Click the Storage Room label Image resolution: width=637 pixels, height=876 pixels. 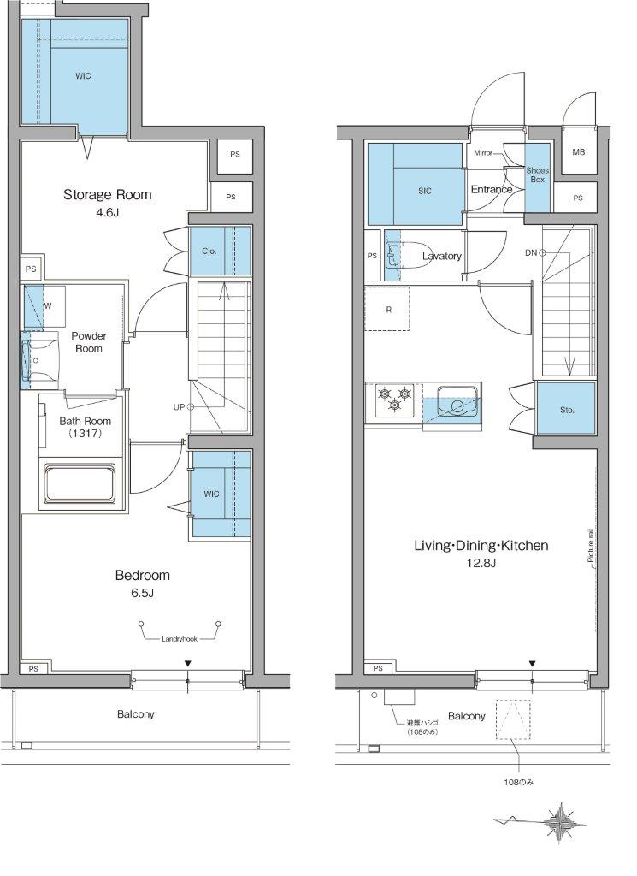[x=107, y=194]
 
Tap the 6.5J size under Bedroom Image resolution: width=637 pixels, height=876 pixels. [x=142, y=593]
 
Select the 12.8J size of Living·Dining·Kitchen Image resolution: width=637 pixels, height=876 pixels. [x=481, y=563]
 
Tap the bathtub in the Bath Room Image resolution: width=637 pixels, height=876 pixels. [x=80, y=484]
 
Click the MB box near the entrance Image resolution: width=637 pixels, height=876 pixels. [x=578, y=151]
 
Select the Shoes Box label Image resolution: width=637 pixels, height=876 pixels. [x=537, y=175]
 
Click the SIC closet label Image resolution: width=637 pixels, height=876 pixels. [x=425, y=191]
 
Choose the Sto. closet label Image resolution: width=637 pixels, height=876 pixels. [x=567, y=410]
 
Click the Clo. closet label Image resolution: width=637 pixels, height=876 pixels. [x=209, y=252]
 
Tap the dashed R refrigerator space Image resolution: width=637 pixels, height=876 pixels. [x=386, y=309]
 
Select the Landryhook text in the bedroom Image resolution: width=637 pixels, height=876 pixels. [x=180, y=639]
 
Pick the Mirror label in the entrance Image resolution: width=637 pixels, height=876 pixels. [x=483, y=152]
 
